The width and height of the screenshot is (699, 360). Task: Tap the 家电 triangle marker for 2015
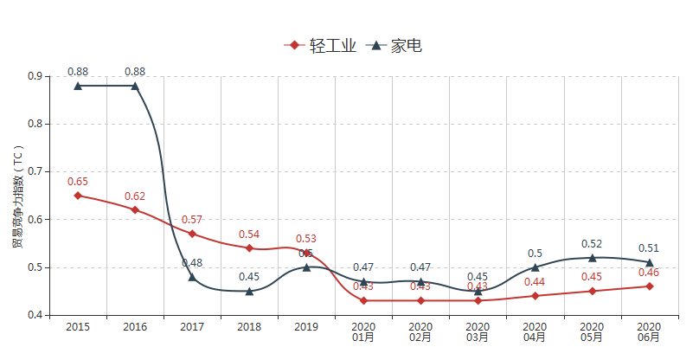tap(78, 86)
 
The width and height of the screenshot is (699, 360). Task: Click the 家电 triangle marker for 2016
tap(135, 86)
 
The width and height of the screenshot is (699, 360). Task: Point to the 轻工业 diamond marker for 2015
tap(78, 196)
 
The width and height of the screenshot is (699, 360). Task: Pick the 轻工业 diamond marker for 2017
tap(192, 234)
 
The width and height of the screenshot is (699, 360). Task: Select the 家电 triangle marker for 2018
tap(249, 291)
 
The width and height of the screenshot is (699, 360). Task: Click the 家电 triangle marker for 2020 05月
tap(593, 257)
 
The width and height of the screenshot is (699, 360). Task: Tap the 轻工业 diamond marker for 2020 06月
tap(650, 286)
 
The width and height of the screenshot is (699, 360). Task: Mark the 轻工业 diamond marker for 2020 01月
tap(363, 300)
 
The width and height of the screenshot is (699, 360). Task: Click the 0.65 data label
tap(78, 182)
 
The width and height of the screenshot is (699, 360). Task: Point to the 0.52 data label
tap(593, 244)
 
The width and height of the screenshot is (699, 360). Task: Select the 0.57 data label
tap(192, 220)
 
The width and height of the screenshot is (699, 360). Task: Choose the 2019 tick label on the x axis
tap(306, 327)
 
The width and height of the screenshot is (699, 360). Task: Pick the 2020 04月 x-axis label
tap(535, 332)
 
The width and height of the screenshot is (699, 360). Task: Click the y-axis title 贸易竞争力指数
tap(16, 196)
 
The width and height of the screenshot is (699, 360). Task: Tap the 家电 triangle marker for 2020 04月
tap(535, 267)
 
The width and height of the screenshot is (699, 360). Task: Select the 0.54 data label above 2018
tap(249, 235)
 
